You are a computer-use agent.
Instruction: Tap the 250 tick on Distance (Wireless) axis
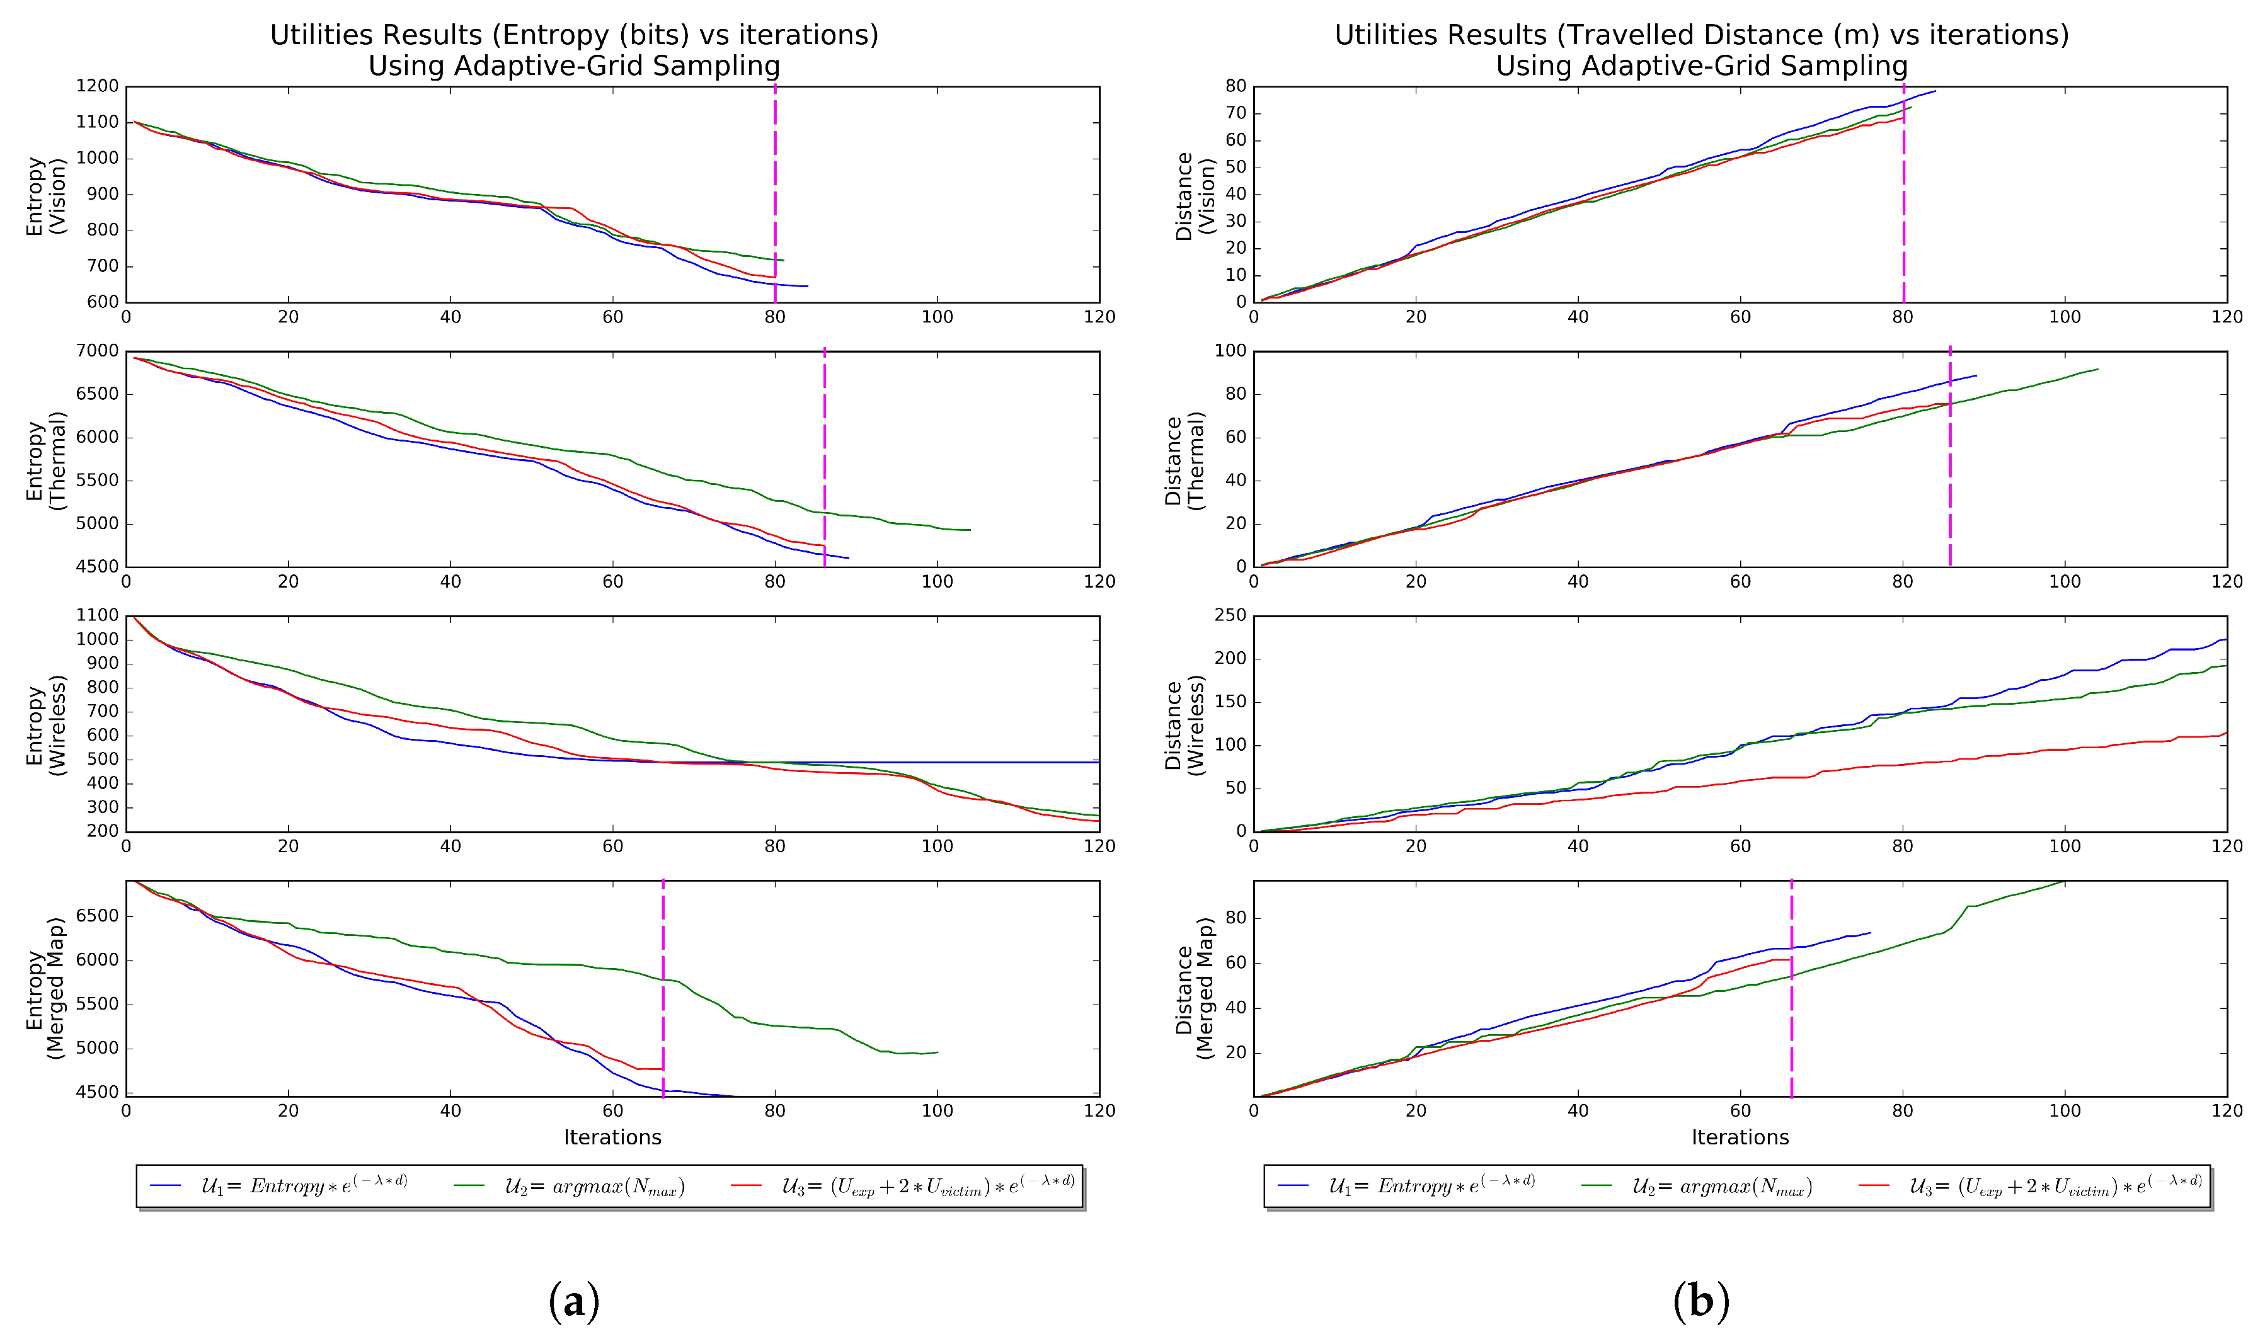pyautogui.click(x=1232, y=615)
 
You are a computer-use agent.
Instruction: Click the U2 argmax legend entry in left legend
pyautogui.click(x=593, y=1187)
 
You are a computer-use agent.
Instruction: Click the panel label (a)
pyautogui.click(x=574, y=1301)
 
